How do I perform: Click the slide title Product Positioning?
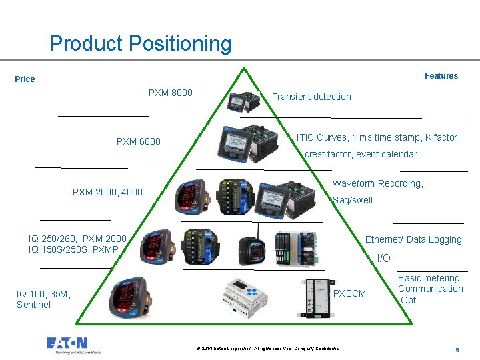[141, 44]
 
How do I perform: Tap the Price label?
[25, 79]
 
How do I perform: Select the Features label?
[441, 76]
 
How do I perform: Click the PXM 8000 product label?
[170, 93]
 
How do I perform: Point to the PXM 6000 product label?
[138, 141]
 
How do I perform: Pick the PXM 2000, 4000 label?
[107, 192]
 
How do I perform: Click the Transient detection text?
[311, 97]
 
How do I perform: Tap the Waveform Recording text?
[377, 183]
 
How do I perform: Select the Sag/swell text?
[353, 200]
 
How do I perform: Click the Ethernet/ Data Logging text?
[413, 239]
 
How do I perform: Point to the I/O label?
[384, 258]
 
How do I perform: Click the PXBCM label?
[349, 293]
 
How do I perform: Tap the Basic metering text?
[429, 278]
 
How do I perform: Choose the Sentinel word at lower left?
[33, 305]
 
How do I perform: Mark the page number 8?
[457, 349]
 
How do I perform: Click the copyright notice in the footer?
[268, 349]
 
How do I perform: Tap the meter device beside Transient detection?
[241, 101]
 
